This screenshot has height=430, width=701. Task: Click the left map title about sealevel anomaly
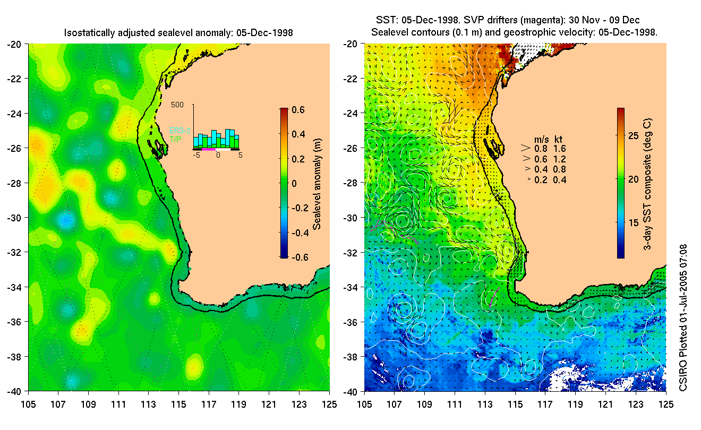(x=178, y=33)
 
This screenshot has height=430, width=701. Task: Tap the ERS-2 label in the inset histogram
(x=180, y=130)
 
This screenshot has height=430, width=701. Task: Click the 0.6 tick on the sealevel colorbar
(x=298, y=110)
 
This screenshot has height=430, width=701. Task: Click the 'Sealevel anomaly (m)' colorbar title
(x=318, y=183)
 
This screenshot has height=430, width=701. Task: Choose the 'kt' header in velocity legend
(x=559, y=139)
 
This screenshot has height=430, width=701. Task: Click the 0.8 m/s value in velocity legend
(x=541, y=149)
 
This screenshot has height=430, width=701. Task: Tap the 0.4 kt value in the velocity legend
(x=560, y=180)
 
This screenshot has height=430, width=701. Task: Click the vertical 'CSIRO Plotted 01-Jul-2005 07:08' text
(x=685, y=319)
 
